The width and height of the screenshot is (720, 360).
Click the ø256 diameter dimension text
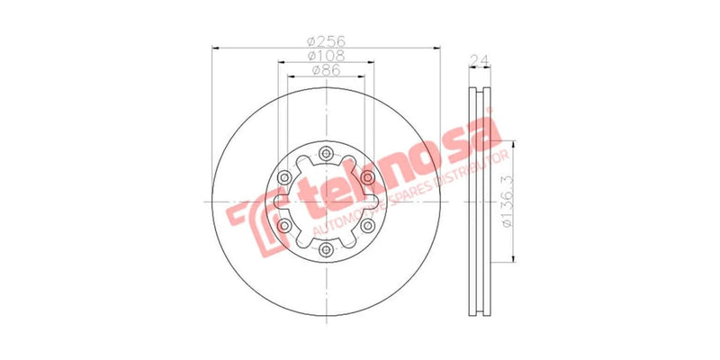pos(327,41)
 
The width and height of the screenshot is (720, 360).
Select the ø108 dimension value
pos(327,56)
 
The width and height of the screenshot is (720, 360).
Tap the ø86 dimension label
pos(325,70)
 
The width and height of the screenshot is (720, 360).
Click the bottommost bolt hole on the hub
pos(326,249)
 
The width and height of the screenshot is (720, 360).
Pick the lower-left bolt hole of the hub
pos(283,225)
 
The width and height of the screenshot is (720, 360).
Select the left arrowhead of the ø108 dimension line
pos(281,63)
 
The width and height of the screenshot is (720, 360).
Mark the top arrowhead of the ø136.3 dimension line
pos(516,142)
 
